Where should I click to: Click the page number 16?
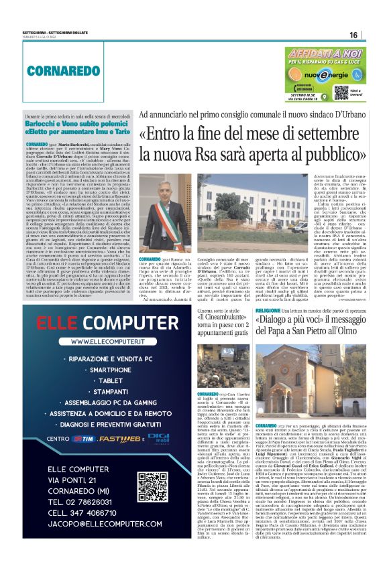[x=372, y=36]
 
